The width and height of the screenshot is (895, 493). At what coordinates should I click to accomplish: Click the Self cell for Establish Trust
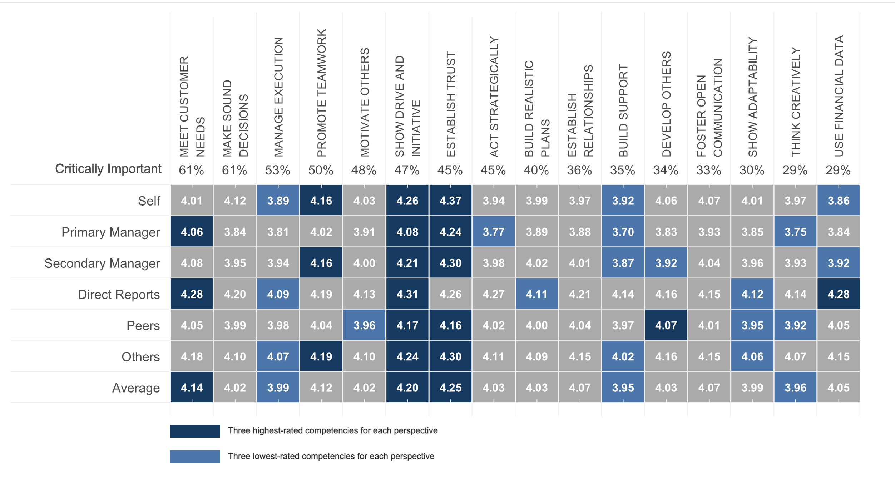coord(450,201)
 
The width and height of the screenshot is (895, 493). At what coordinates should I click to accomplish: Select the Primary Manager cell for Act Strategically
coord(493,232)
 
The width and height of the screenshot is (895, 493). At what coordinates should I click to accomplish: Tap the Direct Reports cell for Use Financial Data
coord(838,294)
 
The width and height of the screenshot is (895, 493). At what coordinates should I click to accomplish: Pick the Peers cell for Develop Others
coord(666,325)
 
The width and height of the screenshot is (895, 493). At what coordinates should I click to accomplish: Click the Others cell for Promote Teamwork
coord(321,356)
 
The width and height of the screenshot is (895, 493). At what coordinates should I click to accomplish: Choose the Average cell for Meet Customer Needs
coord(192,387)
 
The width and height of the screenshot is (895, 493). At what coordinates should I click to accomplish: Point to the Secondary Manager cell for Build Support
coord(623,263)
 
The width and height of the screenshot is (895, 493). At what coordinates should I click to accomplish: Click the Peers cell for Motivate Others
coord(364,325)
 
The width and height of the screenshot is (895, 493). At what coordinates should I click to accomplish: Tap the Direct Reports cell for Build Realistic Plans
coord(536,294)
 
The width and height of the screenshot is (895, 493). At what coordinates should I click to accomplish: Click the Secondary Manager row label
coord(102,263)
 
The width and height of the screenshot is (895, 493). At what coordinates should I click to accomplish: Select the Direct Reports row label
coord(119,294)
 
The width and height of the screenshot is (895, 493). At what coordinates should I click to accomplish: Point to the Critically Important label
coord(108,169)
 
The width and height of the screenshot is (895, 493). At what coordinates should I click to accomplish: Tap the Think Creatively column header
coord(796,102)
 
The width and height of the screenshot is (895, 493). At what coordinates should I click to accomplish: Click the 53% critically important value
coord(278,170)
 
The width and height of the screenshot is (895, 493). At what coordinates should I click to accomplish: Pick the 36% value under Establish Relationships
coord(579,170)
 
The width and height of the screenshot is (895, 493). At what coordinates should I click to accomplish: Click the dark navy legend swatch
coord(195,431)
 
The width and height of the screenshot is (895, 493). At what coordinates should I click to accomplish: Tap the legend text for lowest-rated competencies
coord(331,456)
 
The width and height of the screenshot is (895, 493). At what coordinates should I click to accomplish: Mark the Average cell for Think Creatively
coord(795,387)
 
